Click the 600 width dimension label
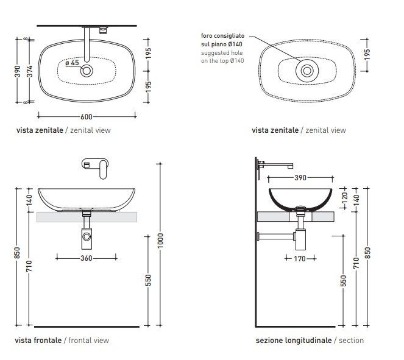[x=87, y=117]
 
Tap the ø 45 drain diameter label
[x=72, y=63]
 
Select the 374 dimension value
[x=30, y=71]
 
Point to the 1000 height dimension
[x=160, y=241]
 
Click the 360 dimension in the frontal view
[x=87, y=258]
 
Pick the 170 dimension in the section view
[x=300, y=258]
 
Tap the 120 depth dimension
[x=344, y=197]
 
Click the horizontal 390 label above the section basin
[x=300, y=178]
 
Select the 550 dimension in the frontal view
[x=149, y=280]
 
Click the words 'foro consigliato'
[x=222, y=35]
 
